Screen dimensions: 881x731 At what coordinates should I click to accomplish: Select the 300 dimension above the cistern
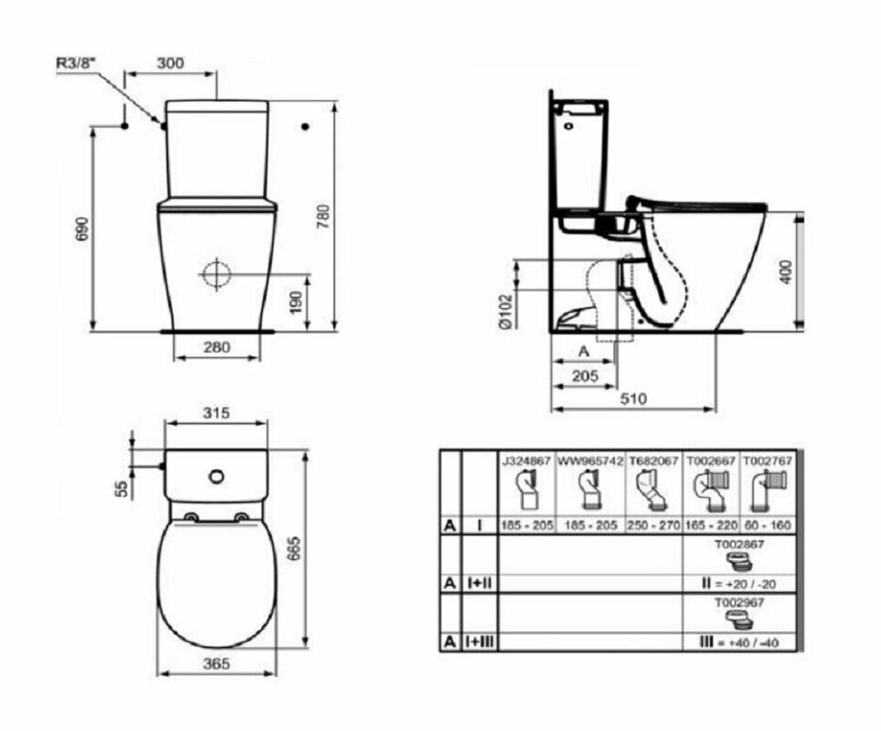[x=171, y=63]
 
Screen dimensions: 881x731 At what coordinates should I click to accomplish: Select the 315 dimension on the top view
[x=215, y=412]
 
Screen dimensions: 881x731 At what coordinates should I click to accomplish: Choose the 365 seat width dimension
[x=216, y=663]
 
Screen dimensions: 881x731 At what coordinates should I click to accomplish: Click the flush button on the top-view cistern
[x=216, y=476]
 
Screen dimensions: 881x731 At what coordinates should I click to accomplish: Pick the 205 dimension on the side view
[x=583, y=376]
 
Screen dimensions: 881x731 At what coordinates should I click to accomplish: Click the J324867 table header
[x=526, y=461]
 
